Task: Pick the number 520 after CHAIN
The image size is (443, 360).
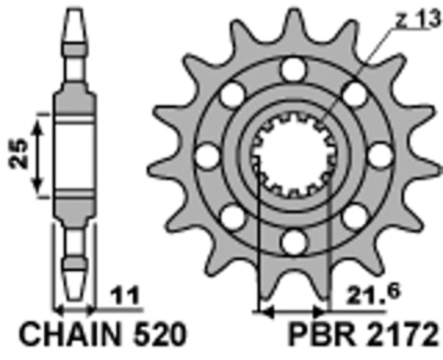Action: pos(157,336)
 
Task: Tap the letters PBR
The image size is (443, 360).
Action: pos(313,336)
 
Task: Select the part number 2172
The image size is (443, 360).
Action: pos(401,336)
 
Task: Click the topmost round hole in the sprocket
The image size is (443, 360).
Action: pos(293,70)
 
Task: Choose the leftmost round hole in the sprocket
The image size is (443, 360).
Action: pos(208,156)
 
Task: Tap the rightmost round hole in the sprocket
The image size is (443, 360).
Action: pos(379,156)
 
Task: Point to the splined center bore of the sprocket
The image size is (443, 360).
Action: pos(292,156)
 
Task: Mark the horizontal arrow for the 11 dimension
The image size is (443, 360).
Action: pos(75,307)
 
